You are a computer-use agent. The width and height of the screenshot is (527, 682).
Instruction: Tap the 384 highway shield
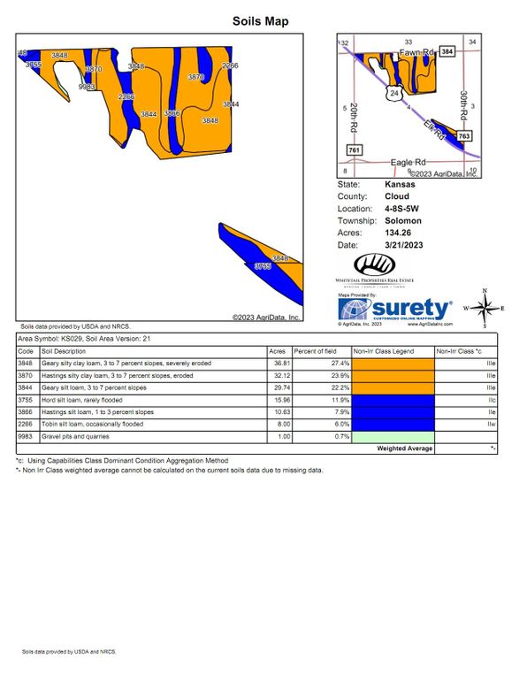tap(447, 52)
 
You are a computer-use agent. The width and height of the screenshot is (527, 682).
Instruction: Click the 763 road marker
tap(465, 135)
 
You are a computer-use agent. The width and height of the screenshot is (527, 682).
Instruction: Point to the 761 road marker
tap(355, 151)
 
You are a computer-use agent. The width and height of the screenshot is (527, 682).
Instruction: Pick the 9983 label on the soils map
tap(87, 87)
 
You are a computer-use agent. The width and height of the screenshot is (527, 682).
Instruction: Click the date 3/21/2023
tap(403, 244)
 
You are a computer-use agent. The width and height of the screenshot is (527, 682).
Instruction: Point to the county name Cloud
tap(395, 196)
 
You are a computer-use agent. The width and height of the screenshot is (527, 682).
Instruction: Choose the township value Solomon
tap(402, 220)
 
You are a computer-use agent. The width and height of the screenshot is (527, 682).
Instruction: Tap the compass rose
tap(483, 308)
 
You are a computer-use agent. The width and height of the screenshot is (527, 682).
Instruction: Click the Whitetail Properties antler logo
tap(377, 264)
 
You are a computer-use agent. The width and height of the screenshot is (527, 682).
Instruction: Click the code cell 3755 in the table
tap(26, 400)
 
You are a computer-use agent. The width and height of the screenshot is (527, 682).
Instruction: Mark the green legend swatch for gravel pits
tap(393, 437)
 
